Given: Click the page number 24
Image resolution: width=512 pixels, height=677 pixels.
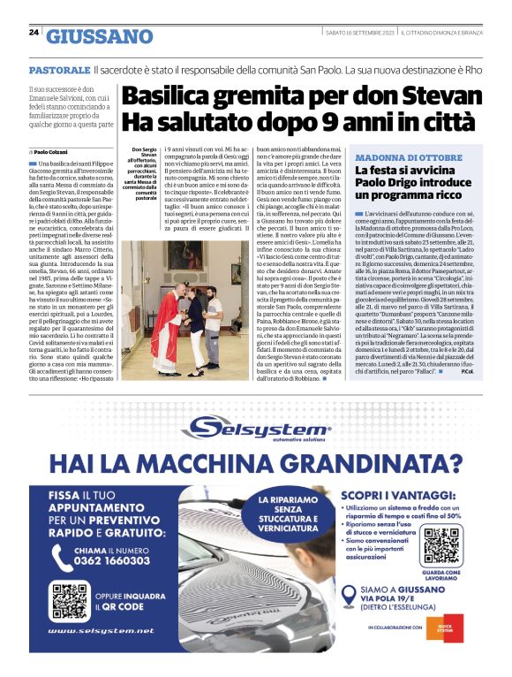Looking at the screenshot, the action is point(34,33).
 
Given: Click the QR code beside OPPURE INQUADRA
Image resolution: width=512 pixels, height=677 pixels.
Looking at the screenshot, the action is point(69,601).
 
